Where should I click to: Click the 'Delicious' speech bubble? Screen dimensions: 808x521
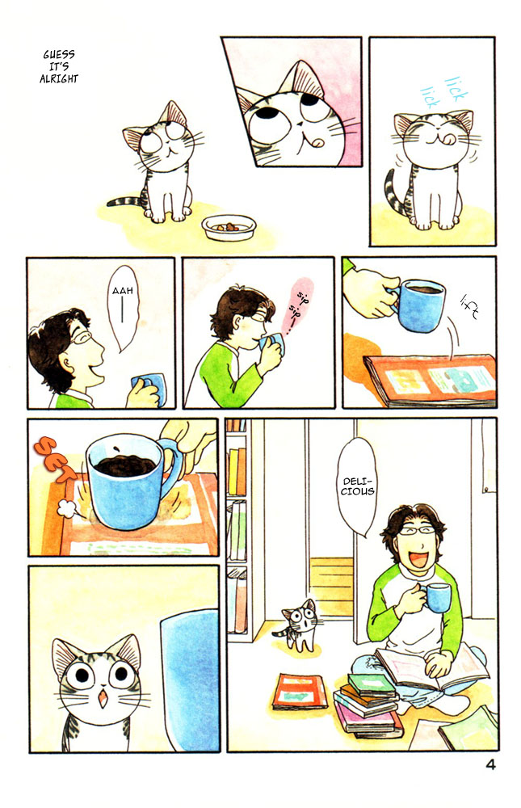click(358, 485)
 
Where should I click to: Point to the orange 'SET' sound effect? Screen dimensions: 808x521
click(53, 452)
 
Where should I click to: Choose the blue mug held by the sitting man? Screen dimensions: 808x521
click(437, 599)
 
